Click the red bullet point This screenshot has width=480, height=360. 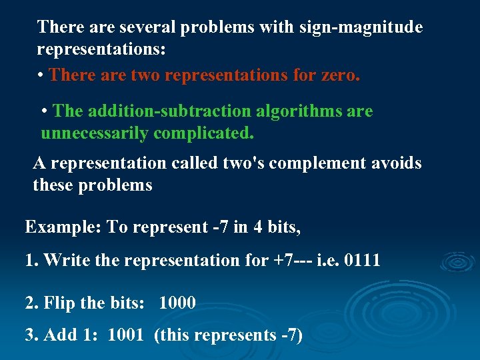click(x=41, y=75)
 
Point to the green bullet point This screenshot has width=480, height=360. click(x=45, y=111)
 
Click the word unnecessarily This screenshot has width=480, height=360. click(x=95, y=133)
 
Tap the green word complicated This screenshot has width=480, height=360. click(x=204, y=133)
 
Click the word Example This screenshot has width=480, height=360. click(x=60, y=227)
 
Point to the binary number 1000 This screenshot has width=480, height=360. click(x=177, y=303)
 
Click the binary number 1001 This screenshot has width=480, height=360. click(x=125, y=335)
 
